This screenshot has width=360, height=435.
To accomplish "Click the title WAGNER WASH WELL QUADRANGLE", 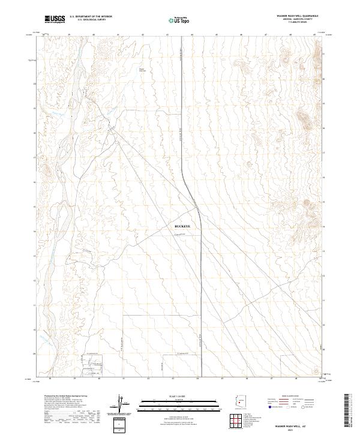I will click(298, 16).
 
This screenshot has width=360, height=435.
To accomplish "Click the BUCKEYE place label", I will click(182, 226).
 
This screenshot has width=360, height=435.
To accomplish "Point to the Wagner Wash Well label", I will click(142, 70).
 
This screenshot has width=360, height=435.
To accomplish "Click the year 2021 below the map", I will click(298, 429).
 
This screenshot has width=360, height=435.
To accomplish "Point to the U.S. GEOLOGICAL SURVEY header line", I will click(91, 20).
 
